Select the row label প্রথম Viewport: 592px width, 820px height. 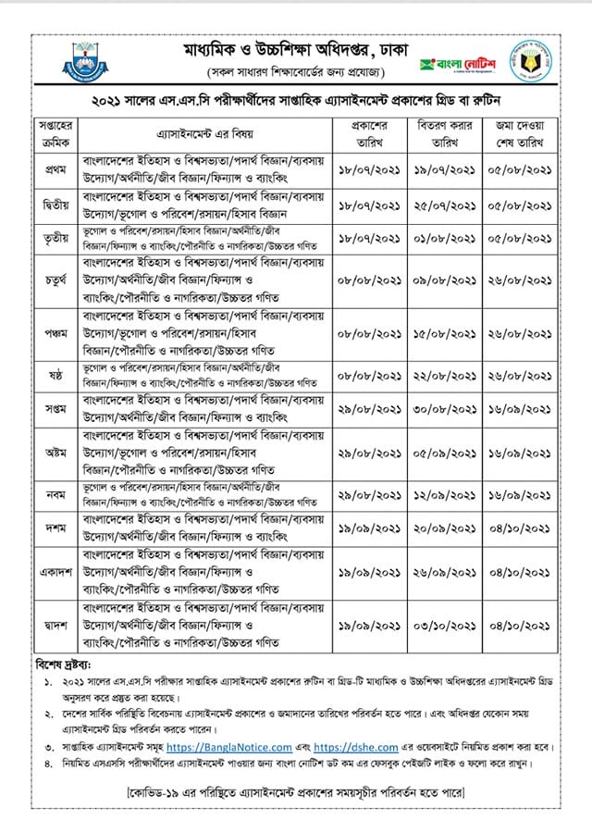click(53, 170)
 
